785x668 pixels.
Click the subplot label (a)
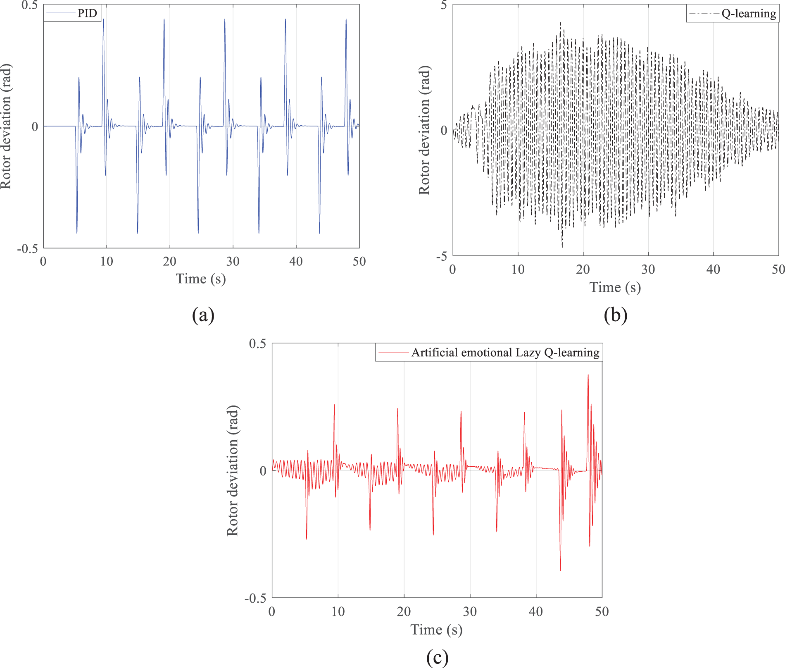pos(203,315)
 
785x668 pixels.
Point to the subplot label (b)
pos(615,315)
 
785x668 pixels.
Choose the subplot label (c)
pos(437,657)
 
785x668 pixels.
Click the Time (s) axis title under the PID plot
pos(201,279)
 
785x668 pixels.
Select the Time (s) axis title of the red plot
pos(436,630)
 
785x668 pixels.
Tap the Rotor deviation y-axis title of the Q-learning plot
pos(424,130)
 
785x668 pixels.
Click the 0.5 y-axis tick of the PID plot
pos(29,5)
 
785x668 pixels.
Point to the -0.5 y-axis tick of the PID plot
pos(27,249)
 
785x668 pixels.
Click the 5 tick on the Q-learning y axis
pos(444,5)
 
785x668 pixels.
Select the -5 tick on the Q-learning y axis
pos(442,257)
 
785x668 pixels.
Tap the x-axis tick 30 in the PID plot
pos(233,262)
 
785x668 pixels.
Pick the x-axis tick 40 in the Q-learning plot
pos(713,270)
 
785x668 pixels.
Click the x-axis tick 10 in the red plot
pos(338,612)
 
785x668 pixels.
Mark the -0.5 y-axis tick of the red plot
pos(255,599)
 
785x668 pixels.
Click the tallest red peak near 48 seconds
pos(588,375)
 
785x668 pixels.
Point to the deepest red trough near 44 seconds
pos(560,570)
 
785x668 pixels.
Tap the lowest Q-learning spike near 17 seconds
pos(562,247)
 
